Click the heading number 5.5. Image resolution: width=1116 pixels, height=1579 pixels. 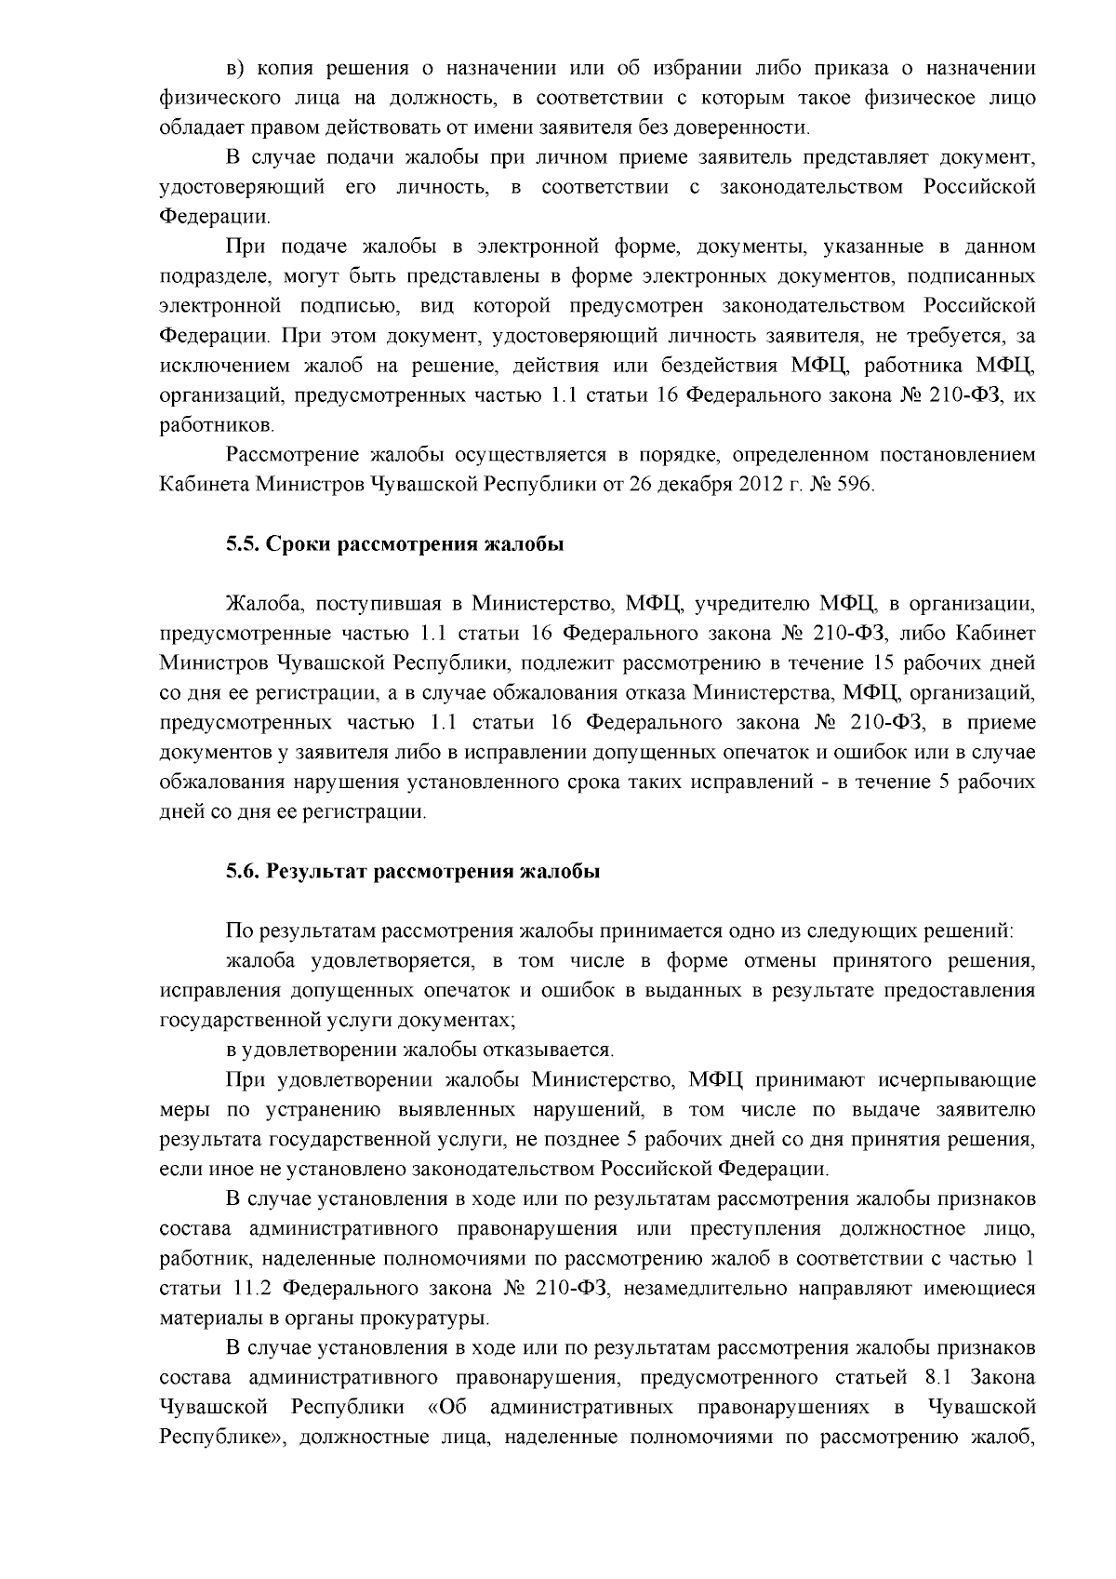pos(244,544)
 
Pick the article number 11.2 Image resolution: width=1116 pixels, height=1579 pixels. pos(248,1289)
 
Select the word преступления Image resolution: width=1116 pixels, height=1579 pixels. pos(753,1229)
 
